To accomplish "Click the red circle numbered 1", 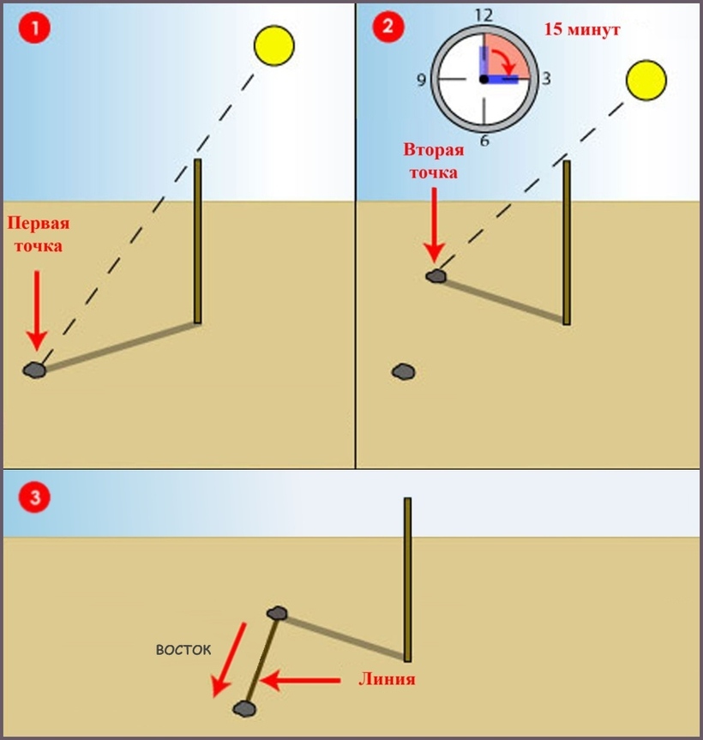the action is pyautogui.click(x=34, y=27).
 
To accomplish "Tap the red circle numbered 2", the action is pyautogui.click(x=388, y=26).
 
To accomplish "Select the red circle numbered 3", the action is pyautogui.click(x=34, y=497).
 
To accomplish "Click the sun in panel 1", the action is pyautogui.click(x=274, y=45).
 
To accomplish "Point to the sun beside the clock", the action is pyautogui.click(x=646, y=81).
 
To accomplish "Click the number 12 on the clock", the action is pyautogui.click(x=484, y=15).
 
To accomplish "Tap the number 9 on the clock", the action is pyautogui.click(x=421, y=80).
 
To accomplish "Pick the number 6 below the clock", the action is pyautogui.click(x=484, y=140).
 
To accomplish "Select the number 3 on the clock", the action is pyautogui.click(x=546, y=78).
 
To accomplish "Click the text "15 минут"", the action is pyautogui.click(x=582, y=29).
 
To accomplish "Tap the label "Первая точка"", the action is pyautogui.click(x=39, y=234).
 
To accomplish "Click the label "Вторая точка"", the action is pyautogui.click(x=434, y=161).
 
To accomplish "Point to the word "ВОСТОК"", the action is pyautogui.click(x=183, y=650).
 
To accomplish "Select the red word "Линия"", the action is pyautogui.click(x=387, y=679).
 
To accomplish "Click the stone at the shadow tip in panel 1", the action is pyautogui.click(x=34, y=370).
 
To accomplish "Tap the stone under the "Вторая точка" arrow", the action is pyautogui.click(x=436, y=276).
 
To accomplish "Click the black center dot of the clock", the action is pyautogui.click(x=484, y=79).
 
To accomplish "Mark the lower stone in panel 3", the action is pyautogui.click(x=244, y=708).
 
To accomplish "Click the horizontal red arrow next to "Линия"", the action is pyautogui.click(x=300, y=681).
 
